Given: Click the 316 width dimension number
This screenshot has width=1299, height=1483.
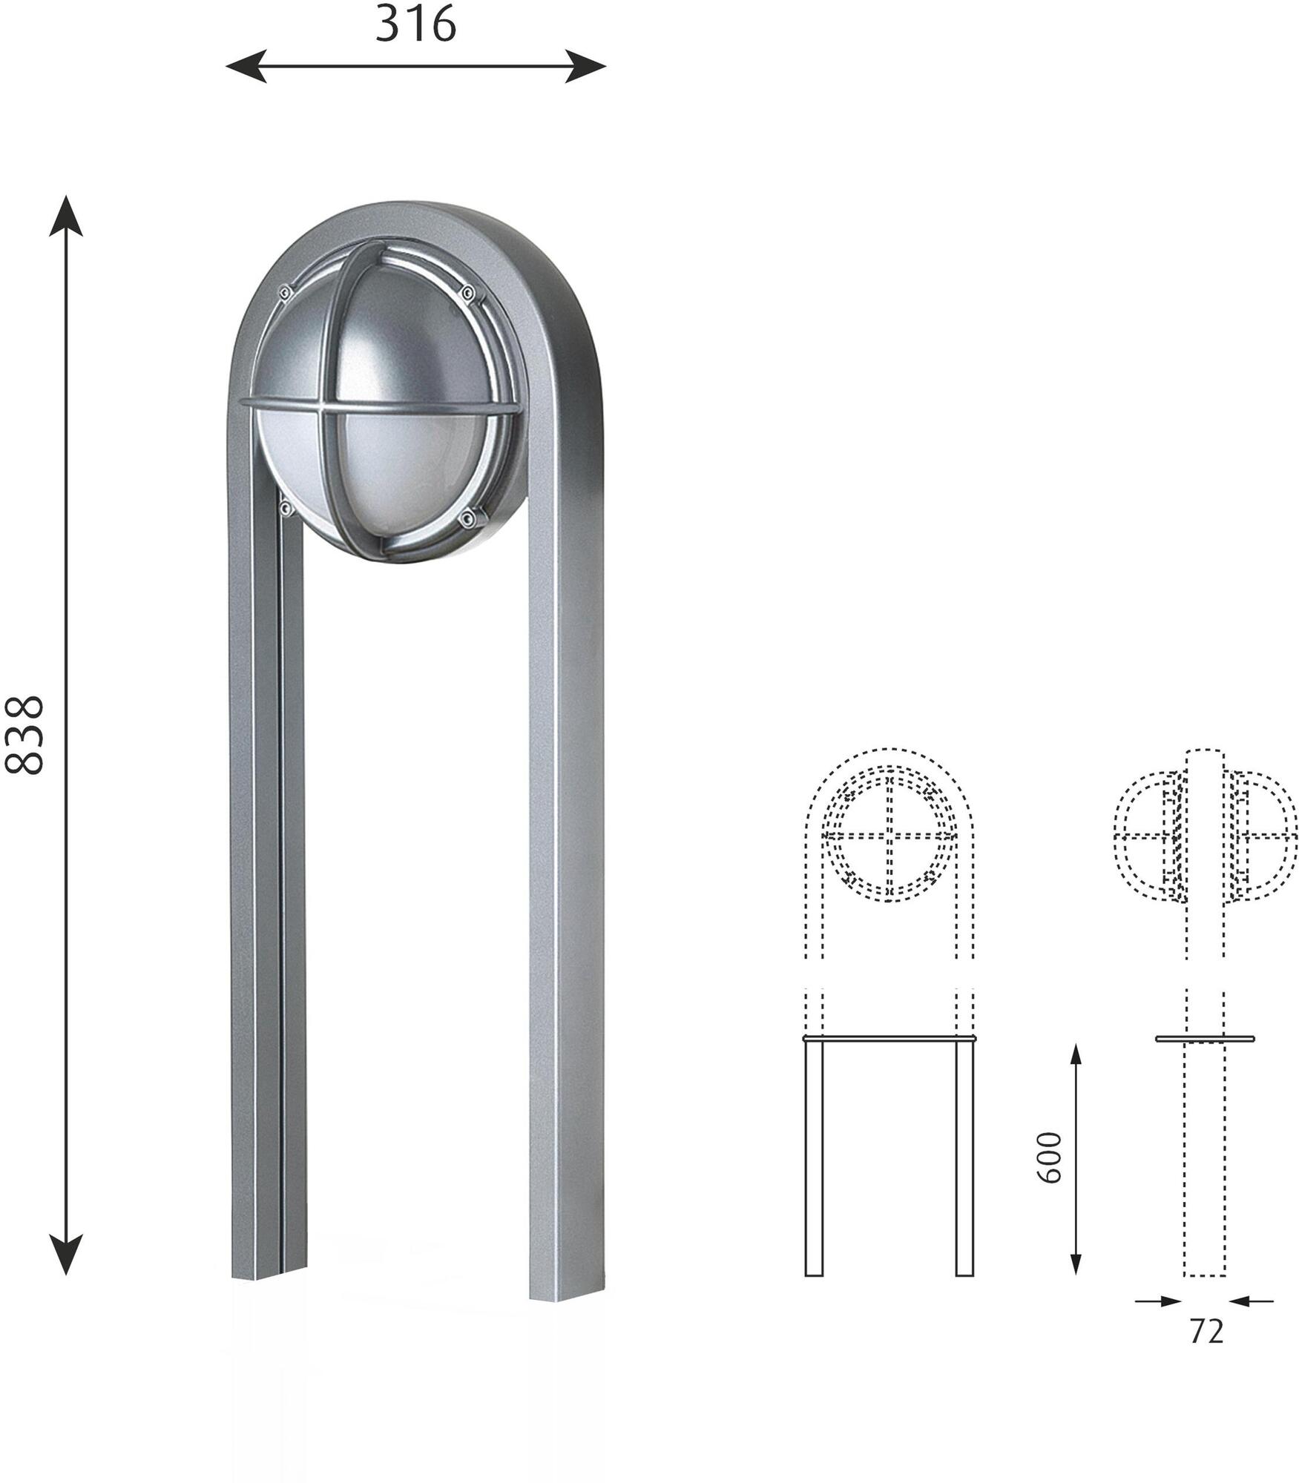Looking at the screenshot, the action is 415,24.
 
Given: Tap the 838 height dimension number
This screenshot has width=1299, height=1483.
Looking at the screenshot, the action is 24,735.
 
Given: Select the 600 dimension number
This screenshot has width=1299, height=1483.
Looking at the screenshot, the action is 1049,1157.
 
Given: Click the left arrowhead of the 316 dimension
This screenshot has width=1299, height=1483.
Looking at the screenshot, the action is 246,66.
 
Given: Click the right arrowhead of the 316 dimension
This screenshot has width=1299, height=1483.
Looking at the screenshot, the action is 586,66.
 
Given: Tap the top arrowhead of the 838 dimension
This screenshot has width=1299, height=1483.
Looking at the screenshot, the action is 66,216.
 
